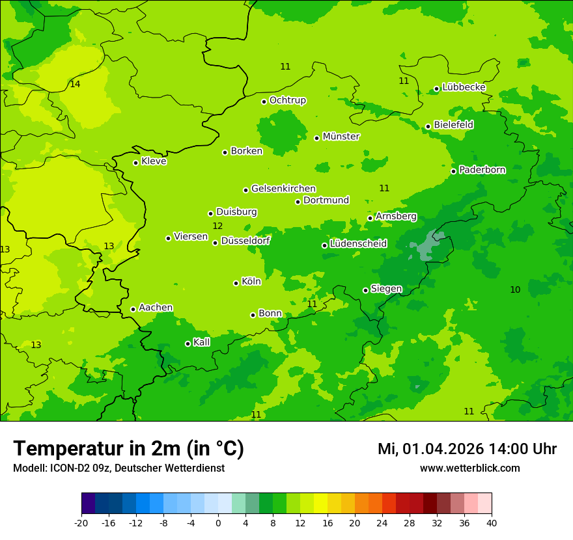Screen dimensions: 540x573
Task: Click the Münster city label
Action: [x=341, y=137]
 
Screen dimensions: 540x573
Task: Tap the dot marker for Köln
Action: [x=236, y=283]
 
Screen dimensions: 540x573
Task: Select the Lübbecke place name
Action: [x=464, y=87]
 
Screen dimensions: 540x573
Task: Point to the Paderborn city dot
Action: [x=454, y=171]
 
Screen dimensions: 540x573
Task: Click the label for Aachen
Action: [x=156, y=308]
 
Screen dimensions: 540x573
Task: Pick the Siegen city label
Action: [x=386, y=289]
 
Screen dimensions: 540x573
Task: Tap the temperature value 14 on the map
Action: [x=75, y=85]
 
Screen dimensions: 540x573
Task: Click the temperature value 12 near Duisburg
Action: [x=217, y=226]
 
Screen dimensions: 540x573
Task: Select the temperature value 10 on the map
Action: [x=515, y=290]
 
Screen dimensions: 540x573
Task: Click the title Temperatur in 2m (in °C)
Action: [x=128, y=449]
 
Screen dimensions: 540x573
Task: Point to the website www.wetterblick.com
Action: [x=469, y=468]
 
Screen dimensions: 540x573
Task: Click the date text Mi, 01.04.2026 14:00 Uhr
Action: [x=467, y=450]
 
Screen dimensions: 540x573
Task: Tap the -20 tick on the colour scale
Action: [x=81, y=522]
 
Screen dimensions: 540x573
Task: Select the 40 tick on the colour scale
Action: [x=491, y=522]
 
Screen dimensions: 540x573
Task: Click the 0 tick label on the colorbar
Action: [x=218, y=522]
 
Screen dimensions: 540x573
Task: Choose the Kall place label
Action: [x=202, y=342]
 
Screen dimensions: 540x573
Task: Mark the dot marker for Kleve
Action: [x=135, y=163]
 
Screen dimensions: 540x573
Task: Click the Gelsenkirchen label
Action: [x=283, y=189]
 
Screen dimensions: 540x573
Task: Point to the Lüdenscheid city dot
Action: [x=324, y=245]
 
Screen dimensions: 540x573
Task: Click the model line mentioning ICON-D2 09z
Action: [x=119, y=468]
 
